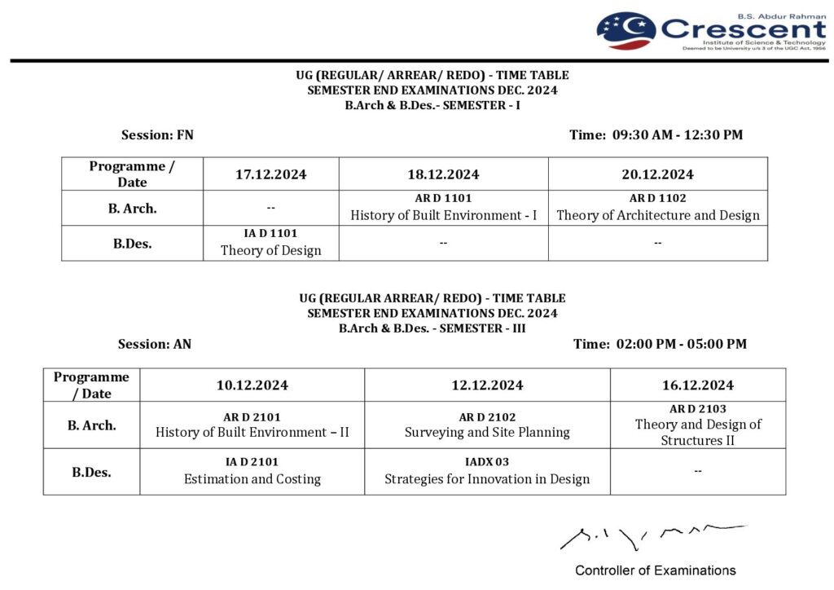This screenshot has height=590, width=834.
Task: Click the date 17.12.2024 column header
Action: pos(271,174)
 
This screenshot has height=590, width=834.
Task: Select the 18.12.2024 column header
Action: pos(443,174)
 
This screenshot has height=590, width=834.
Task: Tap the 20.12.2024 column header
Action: pos(657,174)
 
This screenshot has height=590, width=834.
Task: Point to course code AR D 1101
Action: pos(443,198)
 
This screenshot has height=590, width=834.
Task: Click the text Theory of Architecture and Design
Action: pos(657,216)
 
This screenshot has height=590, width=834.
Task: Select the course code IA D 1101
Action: pos(271,234)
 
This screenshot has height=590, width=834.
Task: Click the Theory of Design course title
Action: pos(271,251)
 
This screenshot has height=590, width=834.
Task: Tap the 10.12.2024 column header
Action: pos(252,385)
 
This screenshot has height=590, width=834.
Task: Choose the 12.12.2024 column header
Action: pos(487,385)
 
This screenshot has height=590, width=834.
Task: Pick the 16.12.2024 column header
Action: pos(697,385)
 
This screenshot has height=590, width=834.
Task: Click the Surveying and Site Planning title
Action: pos(487,433)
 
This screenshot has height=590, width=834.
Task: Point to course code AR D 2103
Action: pos(697,409)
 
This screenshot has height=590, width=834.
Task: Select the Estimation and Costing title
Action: pos(252,479)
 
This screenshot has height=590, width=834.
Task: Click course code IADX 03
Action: pos(487,462)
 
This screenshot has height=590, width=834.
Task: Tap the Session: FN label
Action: pos(157,135)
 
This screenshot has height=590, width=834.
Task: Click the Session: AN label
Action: pos(155,344)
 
